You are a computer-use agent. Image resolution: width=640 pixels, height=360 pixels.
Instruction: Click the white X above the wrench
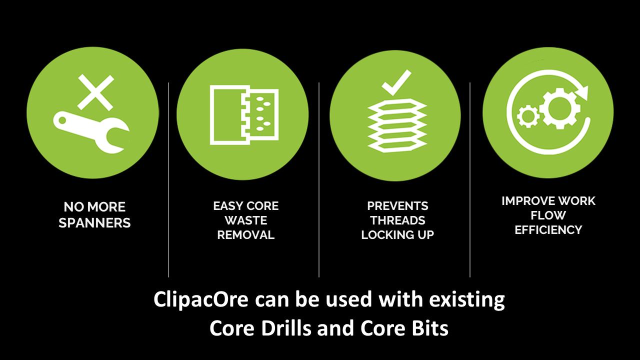click(x=95, y=92)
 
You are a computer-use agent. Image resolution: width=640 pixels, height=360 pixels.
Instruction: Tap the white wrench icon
click(x=91, y=131)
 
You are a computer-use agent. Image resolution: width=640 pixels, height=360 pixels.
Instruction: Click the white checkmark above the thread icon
click(x=396, y=82)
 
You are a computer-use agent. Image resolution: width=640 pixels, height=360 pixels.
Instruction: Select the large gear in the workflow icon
click(x=560, y=108)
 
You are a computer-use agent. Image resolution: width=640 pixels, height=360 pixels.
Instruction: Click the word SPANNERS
click(x=94, y=223)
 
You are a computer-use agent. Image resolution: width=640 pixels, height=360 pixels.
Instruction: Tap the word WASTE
click(x=245, y=220)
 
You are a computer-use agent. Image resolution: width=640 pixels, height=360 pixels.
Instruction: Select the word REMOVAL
click(x=245, y=235)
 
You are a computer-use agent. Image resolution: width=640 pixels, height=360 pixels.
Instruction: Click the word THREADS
click(x=397, y=220)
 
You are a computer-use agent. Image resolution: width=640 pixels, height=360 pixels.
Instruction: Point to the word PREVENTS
click(x=397, y=205)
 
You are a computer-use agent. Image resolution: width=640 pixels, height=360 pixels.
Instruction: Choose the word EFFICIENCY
click(x=548, y=229)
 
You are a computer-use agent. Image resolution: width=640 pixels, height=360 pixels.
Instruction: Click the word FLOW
click(x=548, y=215)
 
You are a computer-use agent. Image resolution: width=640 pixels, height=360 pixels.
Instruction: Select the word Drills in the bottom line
click(x=285, y=328)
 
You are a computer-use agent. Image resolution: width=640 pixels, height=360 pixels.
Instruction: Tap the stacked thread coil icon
click(x=397, y=125)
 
